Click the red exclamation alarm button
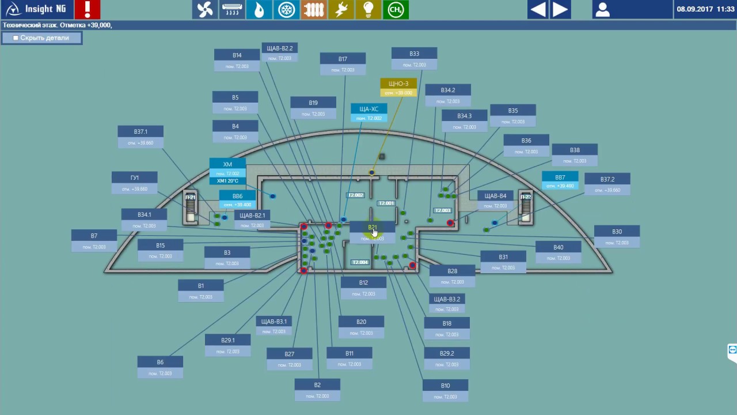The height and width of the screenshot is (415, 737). (x=88, y=9)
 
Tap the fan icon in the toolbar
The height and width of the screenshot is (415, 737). (x=205, y=10)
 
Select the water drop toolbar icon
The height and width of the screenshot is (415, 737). (x=259, y=10)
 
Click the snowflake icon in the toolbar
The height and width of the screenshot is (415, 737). (x=286, y=10)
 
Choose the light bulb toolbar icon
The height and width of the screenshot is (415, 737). (x=368, y=10)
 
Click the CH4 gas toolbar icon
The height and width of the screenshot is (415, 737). (x=396, y=10)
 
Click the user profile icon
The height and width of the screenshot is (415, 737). (x=603, y=10)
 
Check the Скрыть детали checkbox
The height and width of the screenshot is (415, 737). (x=16, y=38)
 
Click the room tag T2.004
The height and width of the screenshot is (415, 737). (x=360, y=262)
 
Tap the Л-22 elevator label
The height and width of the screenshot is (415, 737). (x=525, y=197)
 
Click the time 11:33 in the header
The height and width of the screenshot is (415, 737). (x=725, y=9)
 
